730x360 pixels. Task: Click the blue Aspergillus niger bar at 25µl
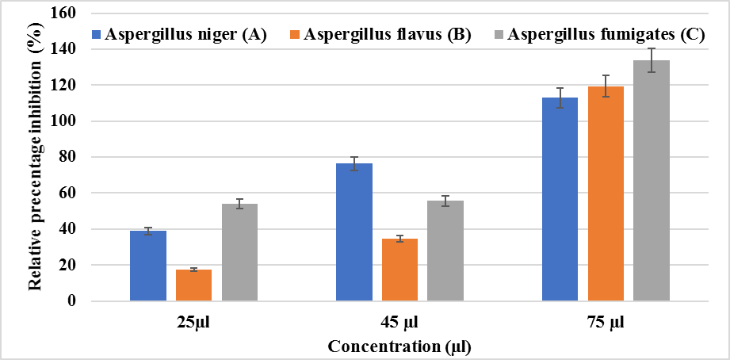click(x=147, y=266)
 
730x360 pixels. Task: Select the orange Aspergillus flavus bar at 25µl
click(x=193, y=285)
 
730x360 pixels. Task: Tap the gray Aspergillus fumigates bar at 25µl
click(x=239, y=253)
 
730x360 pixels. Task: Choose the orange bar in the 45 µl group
click(x=399, y=270)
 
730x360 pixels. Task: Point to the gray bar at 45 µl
click(x=445, y=251)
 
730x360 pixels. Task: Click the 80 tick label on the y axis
click(x=69, y=157)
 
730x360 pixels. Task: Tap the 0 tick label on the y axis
click(x=72, y=301)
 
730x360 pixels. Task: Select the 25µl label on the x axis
click(x=193, y=324)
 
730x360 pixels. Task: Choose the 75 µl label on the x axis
click(x=606, y=324)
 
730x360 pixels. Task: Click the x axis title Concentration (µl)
click(x=400, y=347)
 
